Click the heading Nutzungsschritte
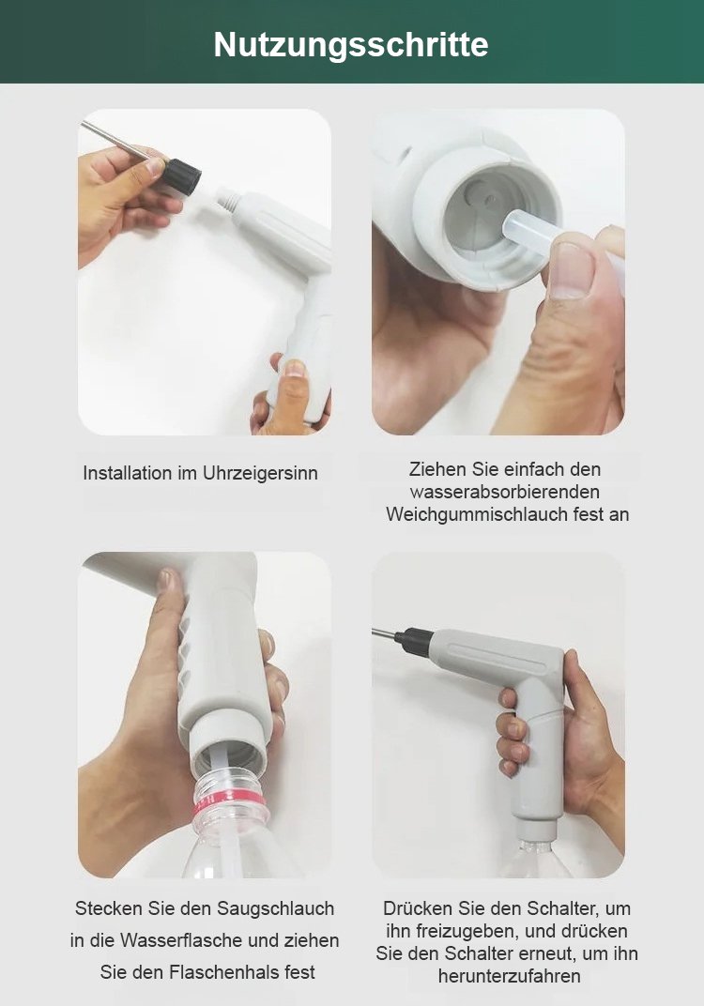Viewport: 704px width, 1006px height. pyautogui.click(x=351, y=44)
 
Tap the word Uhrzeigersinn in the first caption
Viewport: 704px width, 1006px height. pyautogui.click(x=260, y=473)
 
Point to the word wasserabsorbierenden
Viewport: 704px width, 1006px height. pyautogui.click(x=505, y=492)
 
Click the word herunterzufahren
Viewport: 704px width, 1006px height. pyautogui.click(x=509, y=976)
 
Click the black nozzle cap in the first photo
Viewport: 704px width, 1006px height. pyautogui.click(x=181, y=176)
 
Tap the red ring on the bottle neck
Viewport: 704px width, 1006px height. pyautogui.click(x=231, y=810)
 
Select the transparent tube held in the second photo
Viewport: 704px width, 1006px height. pyautogui.click(x=530, y=235)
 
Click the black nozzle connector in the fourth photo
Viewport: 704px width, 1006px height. pyautogui.click(x=414, y=642)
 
